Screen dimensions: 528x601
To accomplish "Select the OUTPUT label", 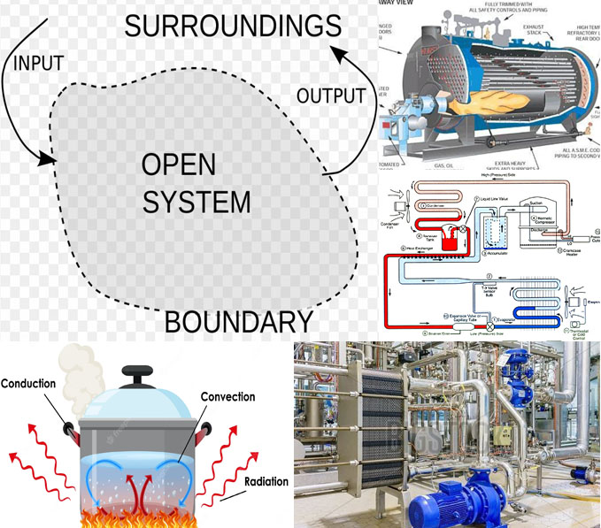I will pyautogui.click(x=330, y=95).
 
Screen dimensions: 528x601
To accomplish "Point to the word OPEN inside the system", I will pyautogui.click(x=180, y=165).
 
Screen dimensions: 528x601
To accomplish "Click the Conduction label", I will pyautogui.click(x=29, y=383).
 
